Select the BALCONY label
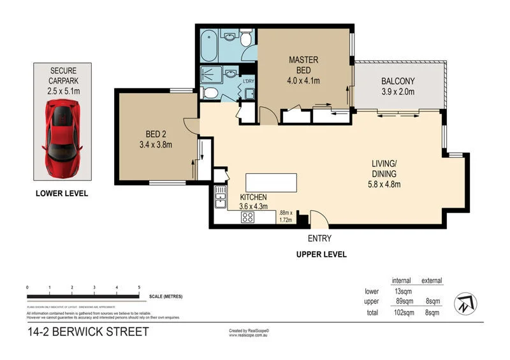[x=398, y=86]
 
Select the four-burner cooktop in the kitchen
[x=248, y=217]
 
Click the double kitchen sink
[x=220, y=197]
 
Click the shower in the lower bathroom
[x=211, y=75]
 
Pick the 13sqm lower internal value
[x=404, y=291]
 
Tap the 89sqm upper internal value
[x=404, y=302]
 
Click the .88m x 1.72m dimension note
[x=285, y=216]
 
